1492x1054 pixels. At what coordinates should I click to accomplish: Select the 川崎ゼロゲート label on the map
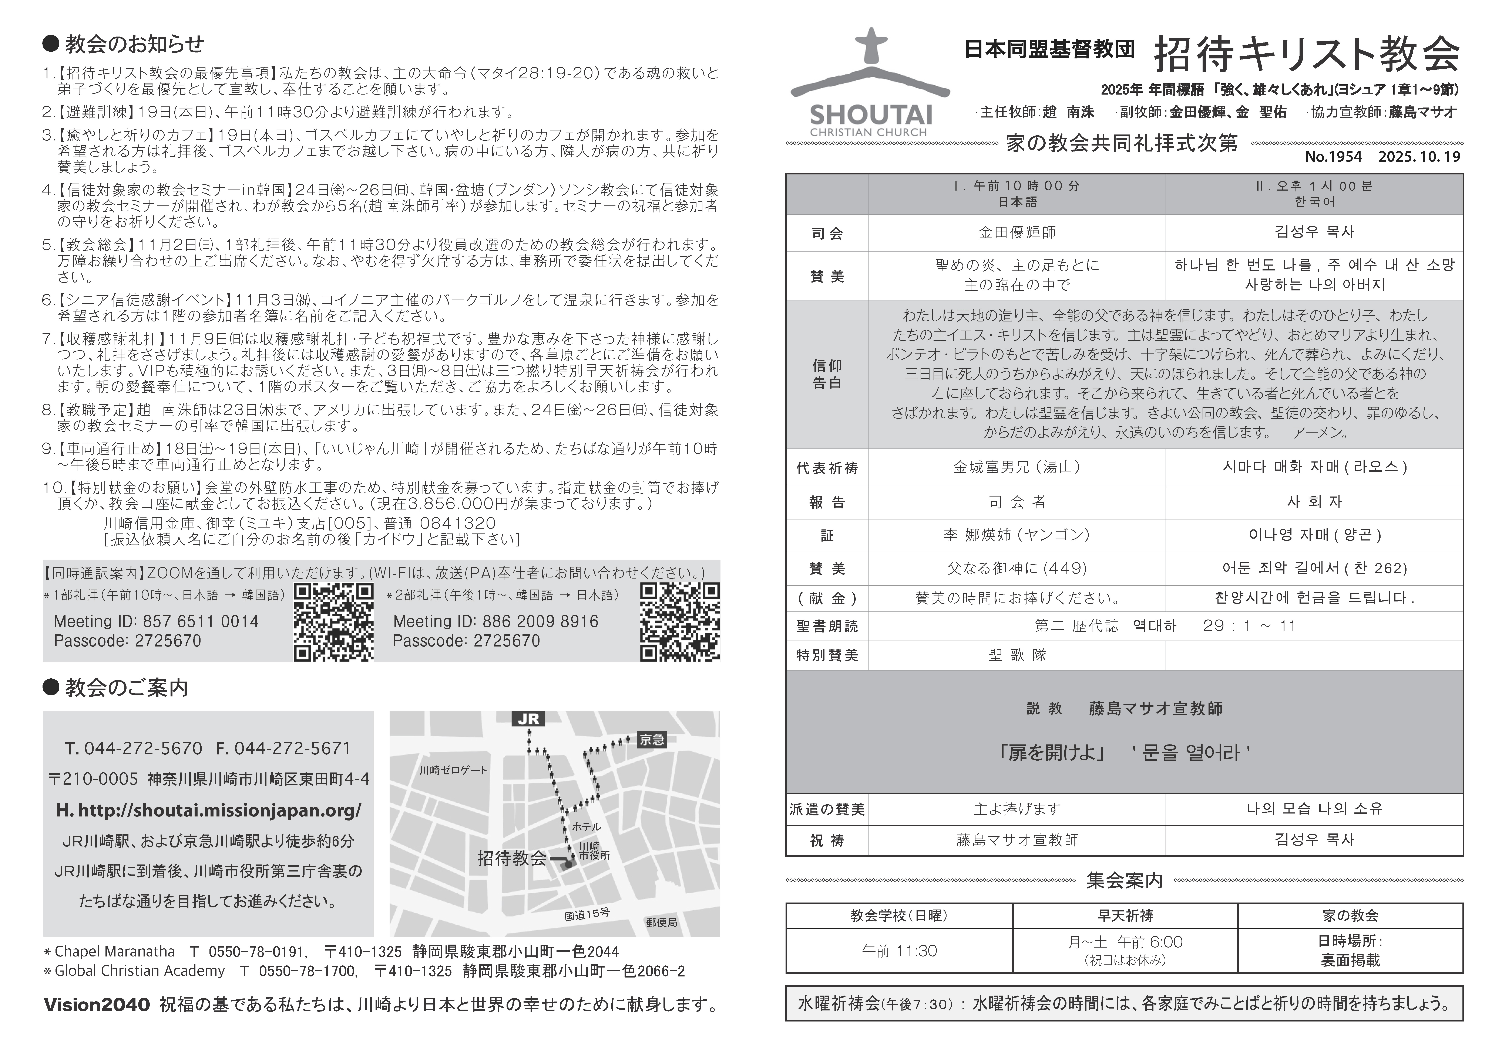(x=453, y=770)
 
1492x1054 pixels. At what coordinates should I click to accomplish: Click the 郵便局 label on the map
(x=662, y=922)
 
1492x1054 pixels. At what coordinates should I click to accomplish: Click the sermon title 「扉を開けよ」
(x=1052, y=752)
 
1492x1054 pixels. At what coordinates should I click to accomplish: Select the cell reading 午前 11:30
(x=899, y=951)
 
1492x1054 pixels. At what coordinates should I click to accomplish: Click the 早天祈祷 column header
(x=1125, y=916)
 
